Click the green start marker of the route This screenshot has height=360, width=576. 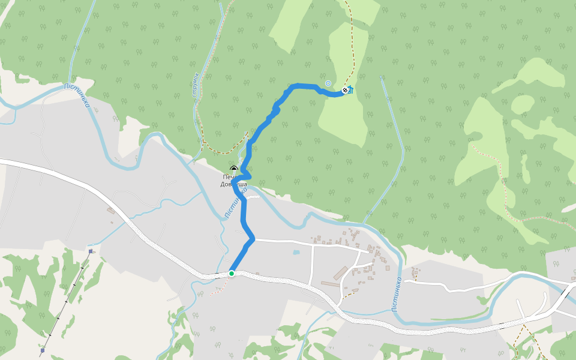[231, 274]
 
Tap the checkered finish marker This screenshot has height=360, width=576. [345, 90]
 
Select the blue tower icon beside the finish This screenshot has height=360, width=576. [350, 89]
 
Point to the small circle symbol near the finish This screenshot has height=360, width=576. [328, 83]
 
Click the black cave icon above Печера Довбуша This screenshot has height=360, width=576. [233, 169]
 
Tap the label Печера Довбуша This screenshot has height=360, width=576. [233, 181]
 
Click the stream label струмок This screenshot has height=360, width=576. [195, 85]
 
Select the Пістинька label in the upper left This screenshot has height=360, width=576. [77, 95]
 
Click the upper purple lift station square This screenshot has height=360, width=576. [90, 251]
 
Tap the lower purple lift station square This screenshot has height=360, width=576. [43, 350]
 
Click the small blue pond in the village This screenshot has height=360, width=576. [296, 253]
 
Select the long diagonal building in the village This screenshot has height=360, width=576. [339, 273]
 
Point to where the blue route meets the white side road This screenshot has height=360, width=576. [254, 239]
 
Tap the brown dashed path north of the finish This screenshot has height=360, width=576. [353, 48]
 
